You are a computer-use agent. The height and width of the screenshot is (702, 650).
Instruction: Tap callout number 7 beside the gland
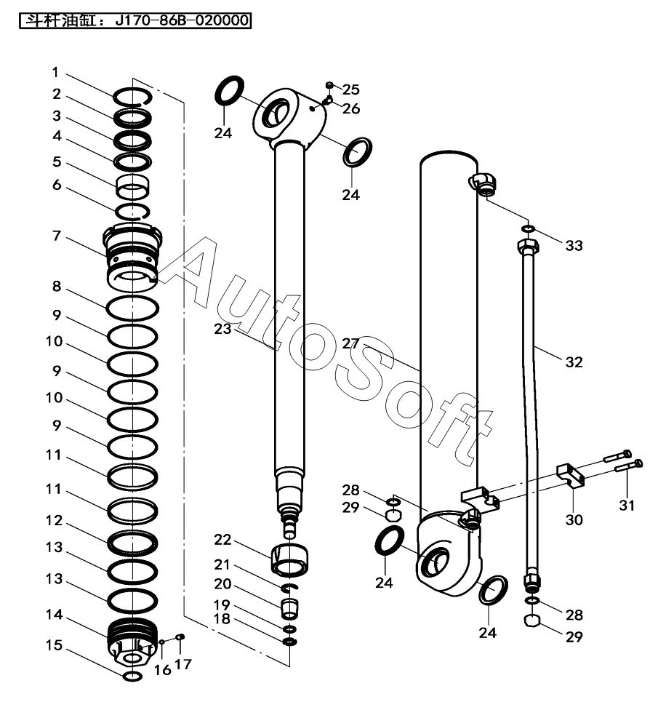coord(57,237)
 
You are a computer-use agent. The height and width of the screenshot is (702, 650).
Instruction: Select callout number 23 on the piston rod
coord(222,329)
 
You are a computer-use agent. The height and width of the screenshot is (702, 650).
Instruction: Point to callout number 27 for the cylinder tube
coord(350,343)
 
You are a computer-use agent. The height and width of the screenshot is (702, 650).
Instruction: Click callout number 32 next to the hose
coord(574,362)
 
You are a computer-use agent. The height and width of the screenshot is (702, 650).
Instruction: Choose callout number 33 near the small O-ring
coord(574,246)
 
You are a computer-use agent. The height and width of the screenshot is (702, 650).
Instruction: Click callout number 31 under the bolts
coord(626,505)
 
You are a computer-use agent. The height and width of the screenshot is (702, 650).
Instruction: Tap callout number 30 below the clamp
coord(574,519)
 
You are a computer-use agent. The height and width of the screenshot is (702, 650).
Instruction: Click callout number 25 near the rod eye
coord(350,89)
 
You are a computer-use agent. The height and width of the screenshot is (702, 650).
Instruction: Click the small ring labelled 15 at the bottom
coord(132,677)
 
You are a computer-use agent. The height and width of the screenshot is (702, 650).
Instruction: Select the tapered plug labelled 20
coord(289,605)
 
